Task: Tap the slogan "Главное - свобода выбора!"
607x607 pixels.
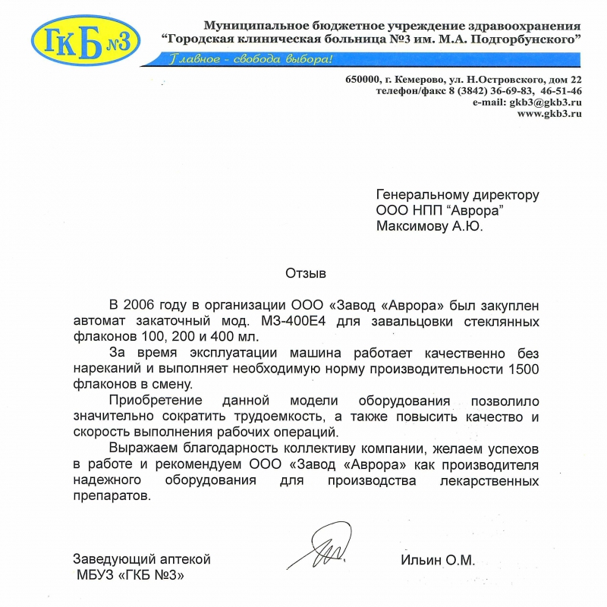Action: [250, 59]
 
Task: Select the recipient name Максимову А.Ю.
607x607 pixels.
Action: [429, 225]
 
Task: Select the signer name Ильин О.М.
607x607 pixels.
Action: [437, 561]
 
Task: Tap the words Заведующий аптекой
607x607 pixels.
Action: [141, 560]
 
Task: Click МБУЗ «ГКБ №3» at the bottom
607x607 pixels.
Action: [130, 575]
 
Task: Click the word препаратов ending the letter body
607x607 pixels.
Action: [112, 496]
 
